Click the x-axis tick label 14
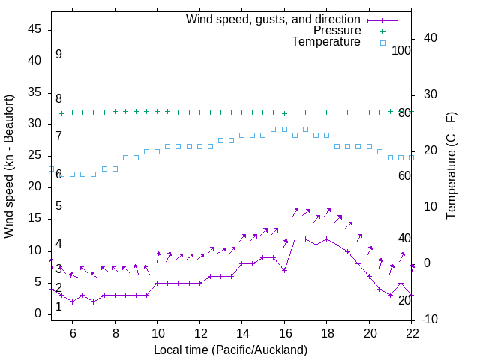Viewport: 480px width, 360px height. coord(242,332)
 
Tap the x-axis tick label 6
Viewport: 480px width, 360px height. coord(72,332)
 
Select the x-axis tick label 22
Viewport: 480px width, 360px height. coord(412,332)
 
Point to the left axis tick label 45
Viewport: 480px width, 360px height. coord(34,29)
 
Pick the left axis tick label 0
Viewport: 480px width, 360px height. coord(38,314)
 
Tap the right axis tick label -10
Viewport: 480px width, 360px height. coord(431,320)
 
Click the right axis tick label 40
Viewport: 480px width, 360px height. coord(430,38)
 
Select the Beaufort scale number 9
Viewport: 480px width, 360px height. coord(58,55)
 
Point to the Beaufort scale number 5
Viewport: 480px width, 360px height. coord(58,206)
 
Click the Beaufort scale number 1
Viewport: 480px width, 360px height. coord(58,306)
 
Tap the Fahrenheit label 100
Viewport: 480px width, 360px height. coord(401,50)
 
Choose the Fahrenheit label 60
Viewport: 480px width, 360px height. coord(404,175)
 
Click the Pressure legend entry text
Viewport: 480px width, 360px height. coord(337,31)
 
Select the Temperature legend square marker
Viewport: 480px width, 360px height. coord(382,43)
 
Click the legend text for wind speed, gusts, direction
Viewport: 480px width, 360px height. coord(273,19)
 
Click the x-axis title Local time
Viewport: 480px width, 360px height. coord(230,349)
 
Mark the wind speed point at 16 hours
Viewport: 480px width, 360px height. coord(284,270)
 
